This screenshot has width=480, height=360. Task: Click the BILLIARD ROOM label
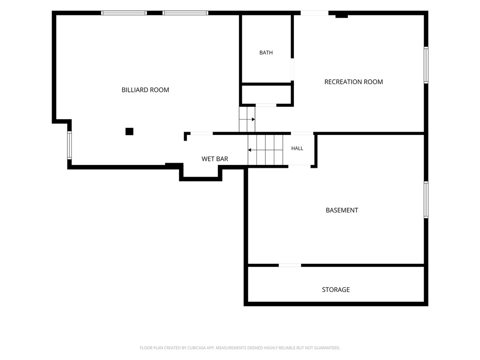point(145,90)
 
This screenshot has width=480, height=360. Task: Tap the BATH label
point(266,52)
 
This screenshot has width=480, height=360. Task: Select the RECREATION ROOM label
point(353,82)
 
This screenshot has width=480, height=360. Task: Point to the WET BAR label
point(215,159)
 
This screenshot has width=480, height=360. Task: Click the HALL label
point(297,149)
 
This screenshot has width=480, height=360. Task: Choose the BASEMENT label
point(342,210)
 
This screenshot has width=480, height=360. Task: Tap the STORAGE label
point(336,290)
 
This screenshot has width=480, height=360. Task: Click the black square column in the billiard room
point(129,131)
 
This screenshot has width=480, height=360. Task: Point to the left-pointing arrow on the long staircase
point(265,150)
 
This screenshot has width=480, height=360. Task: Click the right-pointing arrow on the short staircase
point(247,120)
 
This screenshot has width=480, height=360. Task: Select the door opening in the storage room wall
point(290,265)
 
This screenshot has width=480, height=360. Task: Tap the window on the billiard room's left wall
point(69,145)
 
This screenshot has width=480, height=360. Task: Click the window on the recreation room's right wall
point(426,65)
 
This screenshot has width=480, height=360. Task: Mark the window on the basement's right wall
point(426,200)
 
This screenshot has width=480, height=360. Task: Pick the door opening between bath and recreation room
point(292,69)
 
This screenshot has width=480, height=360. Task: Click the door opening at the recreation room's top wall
point(315,13)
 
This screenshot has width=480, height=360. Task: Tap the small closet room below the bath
point(267,95)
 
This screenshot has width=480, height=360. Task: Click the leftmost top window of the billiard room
point(124,13)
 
